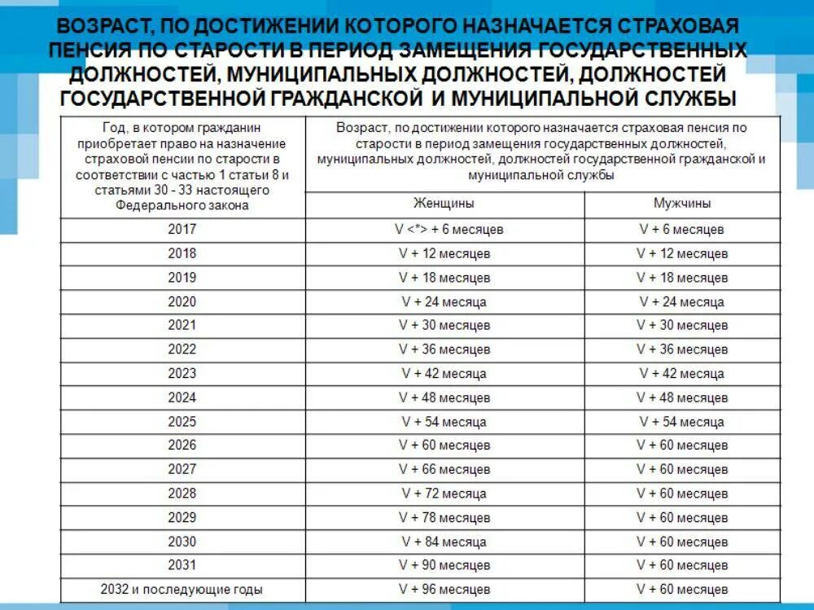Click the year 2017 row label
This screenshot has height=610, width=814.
click(182, 230)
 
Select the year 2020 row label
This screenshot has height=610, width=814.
click(182, 302)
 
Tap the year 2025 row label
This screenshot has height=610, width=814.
click(182, 422)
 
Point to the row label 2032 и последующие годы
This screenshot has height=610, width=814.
click(182, 590)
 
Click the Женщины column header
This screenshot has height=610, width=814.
click(444, 204)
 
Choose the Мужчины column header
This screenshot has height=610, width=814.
click(682, 204)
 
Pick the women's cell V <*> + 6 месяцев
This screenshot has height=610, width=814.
click(444, 230)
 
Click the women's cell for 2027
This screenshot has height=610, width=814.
click(444, 470)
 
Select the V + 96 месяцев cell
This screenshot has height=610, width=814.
click(444, 590)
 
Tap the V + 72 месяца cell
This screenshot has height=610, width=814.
click(444, 494)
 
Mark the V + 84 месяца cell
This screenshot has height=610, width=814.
click(444, 542)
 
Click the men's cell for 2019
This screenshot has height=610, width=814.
click(682, 278)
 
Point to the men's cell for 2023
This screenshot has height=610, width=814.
click(682, 374)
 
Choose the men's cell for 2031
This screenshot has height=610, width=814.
click(682, 565)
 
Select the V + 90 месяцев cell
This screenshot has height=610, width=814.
click(444, 565)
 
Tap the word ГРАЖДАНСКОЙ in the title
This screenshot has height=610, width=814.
click(340, 99)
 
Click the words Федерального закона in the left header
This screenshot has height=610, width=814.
click(182, 206)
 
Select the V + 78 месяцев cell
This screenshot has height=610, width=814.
click(444, 518)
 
